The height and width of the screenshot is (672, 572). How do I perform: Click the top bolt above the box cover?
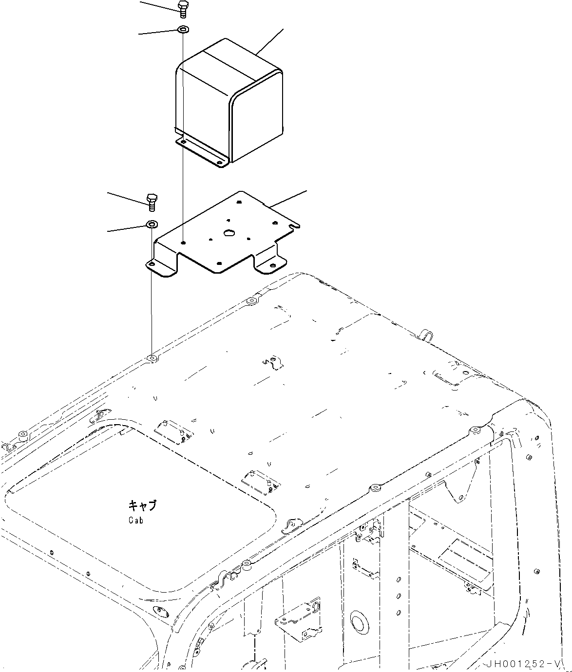[x=183, y=9]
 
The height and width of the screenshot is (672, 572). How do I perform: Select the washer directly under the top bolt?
[x=183, y=30]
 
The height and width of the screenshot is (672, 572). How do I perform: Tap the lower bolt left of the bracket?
[x=151, y=201]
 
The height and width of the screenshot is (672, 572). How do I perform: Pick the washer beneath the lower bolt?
[x=151, y=224]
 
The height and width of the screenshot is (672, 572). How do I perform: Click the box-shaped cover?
[x=229, y=102]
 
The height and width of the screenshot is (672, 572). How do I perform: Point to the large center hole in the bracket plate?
[x=228, y=233]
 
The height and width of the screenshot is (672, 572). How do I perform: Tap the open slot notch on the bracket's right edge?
[x=294, y=225]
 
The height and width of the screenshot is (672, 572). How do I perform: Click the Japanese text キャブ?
[x=143, y=505]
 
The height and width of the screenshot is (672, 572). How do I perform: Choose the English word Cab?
[x=136, y=520]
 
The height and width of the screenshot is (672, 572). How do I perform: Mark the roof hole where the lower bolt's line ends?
[x=152, y=359]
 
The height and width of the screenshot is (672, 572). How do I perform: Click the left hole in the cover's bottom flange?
[x=184, y=142]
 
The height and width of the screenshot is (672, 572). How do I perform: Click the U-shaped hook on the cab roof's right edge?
[x=425, y=335]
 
